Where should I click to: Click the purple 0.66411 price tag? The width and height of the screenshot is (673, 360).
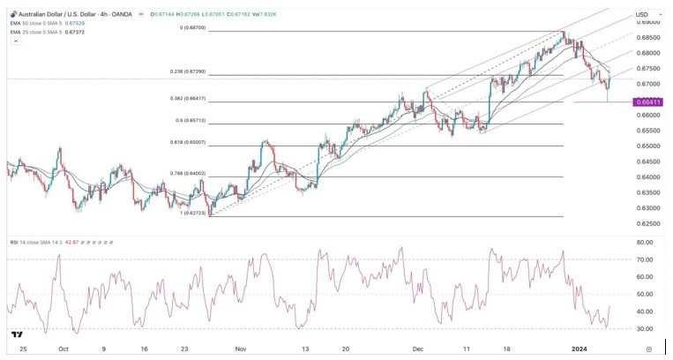(648, 102)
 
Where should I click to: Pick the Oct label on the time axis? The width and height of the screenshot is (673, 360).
(64, 349)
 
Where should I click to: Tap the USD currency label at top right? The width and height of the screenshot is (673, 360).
(642, 15)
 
